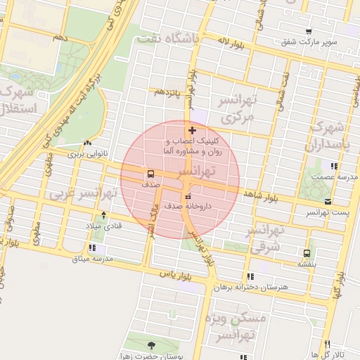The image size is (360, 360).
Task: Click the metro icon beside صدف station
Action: pyautogui.click(x=151, y=174)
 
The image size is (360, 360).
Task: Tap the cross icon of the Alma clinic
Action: pyautogui.click(x=193, y=130)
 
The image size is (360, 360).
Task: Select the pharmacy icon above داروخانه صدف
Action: pyautogui.click(x=187, y=196)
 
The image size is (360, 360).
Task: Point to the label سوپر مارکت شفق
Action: pyautogui.click(x=309, y=42)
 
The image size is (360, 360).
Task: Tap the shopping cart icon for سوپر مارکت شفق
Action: pyautogui.click(x=309, y=32)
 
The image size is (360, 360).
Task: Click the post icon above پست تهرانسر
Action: pyautogui.click(x=326, y=201)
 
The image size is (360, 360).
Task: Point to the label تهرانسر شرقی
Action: pyautogui.click(x=265, y=238)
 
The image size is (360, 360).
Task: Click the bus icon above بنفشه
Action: pyautogui.click(x=307, y=253)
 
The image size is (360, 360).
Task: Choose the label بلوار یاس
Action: pyautogui.click(x=176, y=272)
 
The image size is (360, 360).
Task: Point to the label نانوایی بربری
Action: pyautogui.click(x=85, y=153)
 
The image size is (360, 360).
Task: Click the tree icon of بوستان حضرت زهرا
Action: pyautogui.click(x=153, y=345)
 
